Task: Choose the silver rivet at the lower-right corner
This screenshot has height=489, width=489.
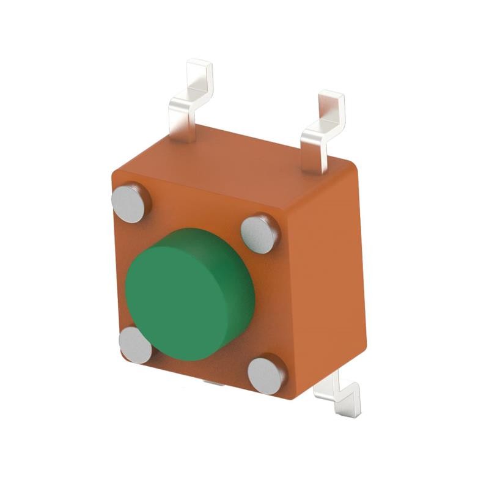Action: [x=267, y=374]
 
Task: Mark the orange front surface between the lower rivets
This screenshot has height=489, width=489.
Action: [x=202, y=367]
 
